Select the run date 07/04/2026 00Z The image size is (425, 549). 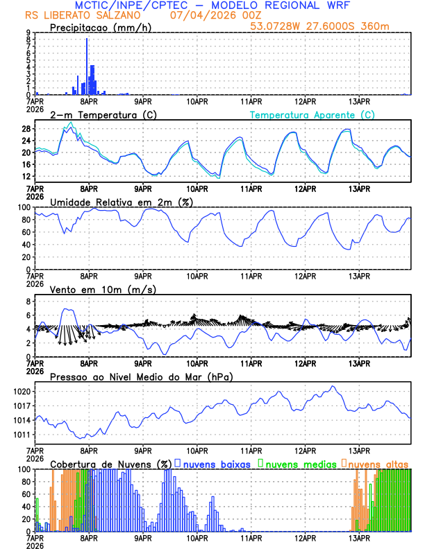(x=209, y=15)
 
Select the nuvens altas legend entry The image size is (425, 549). (x=378, y=463)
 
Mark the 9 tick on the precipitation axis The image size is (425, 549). (x=28, y=33)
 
